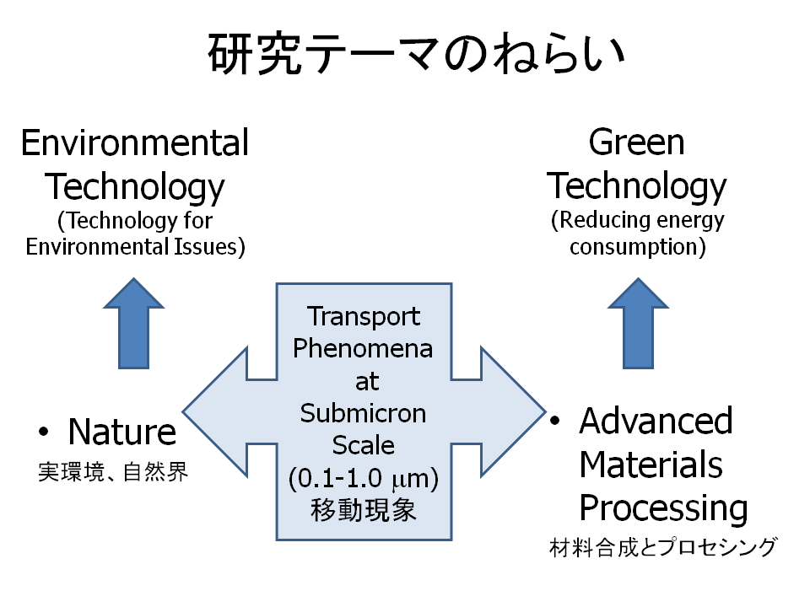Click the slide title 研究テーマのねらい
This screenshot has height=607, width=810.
point(417,56)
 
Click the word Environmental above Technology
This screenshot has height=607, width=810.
point(135,143)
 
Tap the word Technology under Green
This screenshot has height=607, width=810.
point(638,186)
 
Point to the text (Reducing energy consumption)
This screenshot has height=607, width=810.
point(638,234)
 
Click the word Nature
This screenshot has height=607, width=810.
point(122,432)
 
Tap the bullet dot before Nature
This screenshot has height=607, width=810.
point(43,432)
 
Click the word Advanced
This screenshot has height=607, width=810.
point(656,421)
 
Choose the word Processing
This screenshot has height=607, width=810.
point(663,508)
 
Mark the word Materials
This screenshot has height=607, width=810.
point(651,465)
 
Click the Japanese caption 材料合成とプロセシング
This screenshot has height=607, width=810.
point(661,548)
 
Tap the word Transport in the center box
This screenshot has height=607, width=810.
point(364,316)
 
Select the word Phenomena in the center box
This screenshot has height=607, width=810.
point(364,348)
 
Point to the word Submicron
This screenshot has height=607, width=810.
point(364,413)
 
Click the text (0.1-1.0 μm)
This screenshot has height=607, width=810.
point(364,479)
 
